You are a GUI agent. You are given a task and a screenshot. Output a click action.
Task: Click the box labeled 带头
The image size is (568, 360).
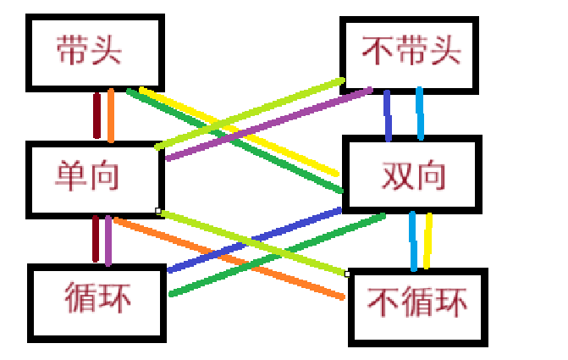(x=88, y=52)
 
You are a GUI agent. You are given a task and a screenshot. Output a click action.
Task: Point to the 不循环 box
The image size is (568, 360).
(x=418, y=306)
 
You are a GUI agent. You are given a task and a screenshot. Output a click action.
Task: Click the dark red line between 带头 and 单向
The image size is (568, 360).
(x=97, y=115)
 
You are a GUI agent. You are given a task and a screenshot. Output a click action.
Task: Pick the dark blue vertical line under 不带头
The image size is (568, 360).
(x=388, y=115)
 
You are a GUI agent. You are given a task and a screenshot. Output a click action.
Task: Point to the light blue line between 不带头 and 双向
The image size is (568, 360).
(x=419, y=114)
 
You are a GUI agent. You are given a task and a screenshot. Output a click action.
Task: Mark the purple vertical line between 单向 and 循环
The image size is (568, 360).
(x=108, y=241)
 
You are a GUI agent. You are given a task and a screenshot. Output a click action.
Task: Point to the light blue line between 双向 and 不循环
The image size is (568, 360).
(x=413, y=241)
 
